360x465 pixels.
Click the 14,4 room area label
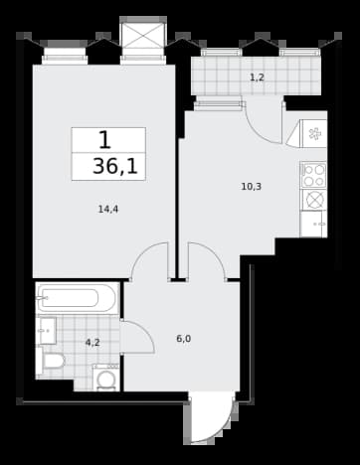point(108,210)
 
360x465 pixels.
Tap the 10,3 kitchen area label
point(252,187)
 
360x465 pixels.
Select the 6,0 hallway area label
point(184,339)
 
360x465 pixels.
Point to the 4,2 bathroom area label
point(92,343)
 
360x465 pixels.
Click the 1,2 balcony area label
point(257,77)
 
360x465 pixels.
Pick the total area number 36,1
point(115,166)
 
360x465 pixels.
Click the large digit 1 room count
point(104,140)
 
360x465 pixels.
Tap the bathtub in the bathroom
point(78,298)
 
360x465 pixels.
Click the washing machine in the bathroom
point(105,377)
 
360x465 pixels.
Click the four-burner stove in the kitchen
point(313,175)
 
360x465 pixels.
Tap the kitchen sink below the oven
point(313,224)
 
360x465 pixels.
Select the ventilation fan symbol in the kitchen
point(313,134)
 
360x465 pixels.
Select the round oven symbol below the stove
point(314,200)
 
